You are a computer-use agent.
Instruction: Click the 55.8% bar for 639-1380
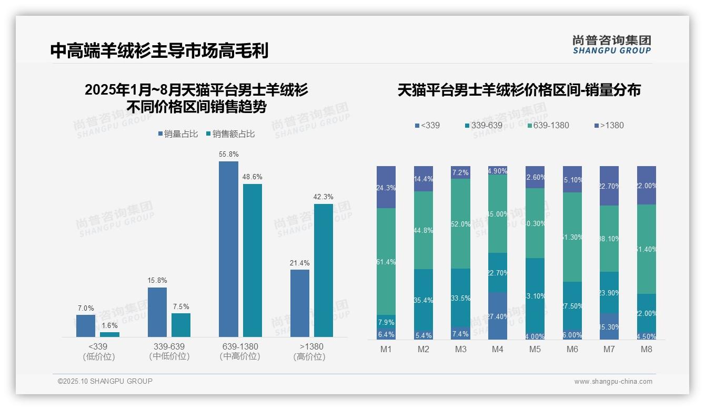point(228,249)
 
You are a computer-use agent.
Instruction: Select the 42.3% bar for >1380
point(324,270)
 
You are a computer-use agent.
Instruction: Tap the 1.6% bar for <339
point(109,334)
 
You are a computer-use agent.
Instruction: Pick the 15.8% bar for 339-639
point(157,312)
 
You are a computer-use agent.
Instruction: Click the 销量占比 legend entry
point(178,134)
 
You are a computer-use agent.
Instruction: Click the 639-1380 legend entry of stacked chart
point(548,126)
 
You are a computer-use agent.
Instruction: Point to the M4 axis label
point(498,350)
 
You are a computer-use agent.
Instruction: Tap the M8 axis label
point(647,350)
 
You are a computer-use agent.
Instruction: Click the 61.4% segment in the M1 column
point(386,261)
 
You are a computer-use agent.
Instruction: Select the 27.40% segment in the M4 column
point(498,316)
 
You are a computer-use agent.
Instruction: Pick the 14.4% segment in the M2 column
point(424,179)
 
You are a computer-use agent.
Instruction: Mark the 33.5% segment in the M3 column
point(461,298)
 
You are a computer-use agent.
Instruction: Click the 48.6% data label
point(252,177)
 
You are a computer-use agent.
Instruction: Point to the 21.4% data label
point(299,263)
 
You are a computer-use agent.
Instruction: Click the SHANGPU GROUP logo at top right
point(611,45)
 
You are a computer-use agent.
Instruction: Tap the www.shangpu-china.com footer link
point(613,382)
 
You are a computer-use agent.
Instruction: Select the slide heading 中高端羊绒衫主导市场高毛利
point(159,50)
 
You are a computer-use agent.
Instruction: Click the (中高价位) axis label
point(240,356)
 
